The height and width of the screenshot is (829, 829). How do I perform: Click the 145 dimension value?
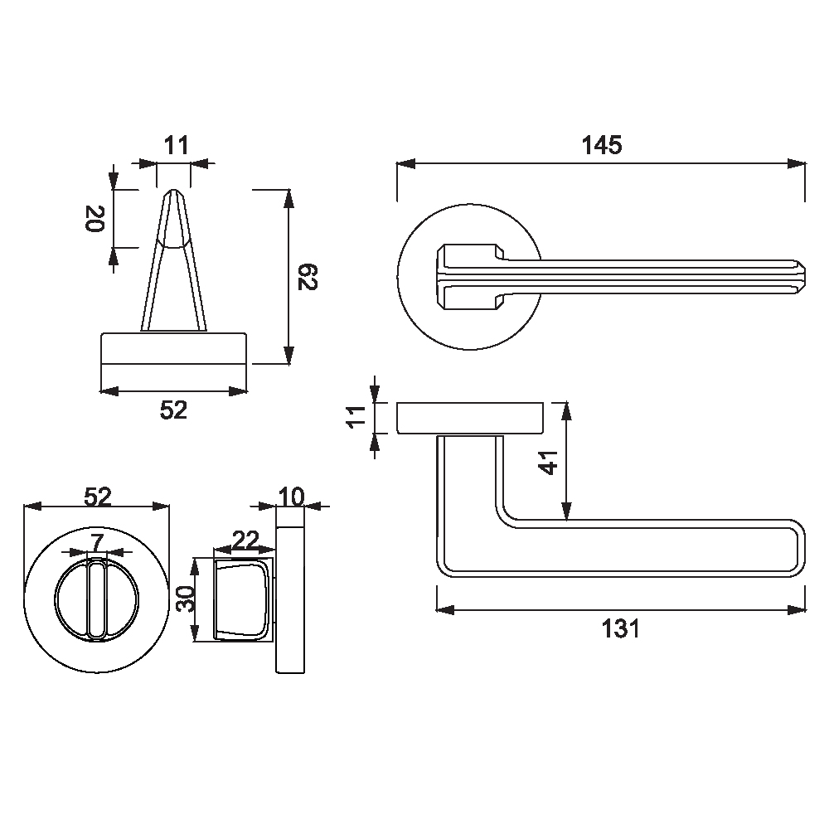(x=602, y=145)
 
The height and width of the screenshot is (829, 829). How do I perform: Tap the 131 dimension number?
(x=621, y=628)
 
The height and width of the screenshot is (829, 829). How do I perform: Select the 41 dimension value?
(x=550, y=463)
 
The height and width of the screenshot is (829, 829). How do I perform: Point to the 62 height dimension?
(x=308, y=277)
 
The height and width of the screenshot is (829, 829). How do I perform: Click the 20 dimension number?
(x=95, y=218)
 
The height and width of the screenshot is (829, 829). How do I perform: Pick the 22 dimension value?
(x=246, y=540)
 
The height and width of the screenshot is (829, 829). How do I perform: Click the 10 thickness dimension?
(x=291, y=497)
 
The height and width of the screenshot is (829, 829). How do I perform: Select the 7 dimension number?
(x=97, y=542)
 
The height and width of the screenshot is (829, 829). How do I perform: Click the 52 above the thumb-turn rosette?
(x=98, y=497)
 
